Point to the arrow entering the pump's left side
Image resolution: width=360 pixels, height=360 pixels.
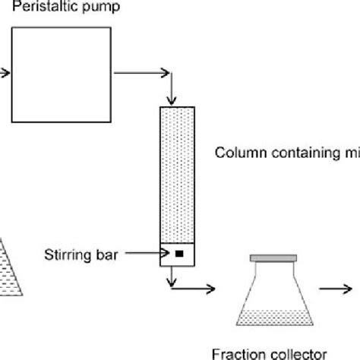click(x=5, y=73)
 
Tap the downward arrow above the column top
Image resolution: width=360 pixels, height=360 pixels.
click(x=175, y=97)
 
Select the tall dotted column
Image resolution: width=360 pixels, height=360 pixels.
click(x=177, y=174)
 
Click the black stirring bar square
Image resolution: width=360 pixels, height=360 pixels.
click(x=178, y=254)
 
